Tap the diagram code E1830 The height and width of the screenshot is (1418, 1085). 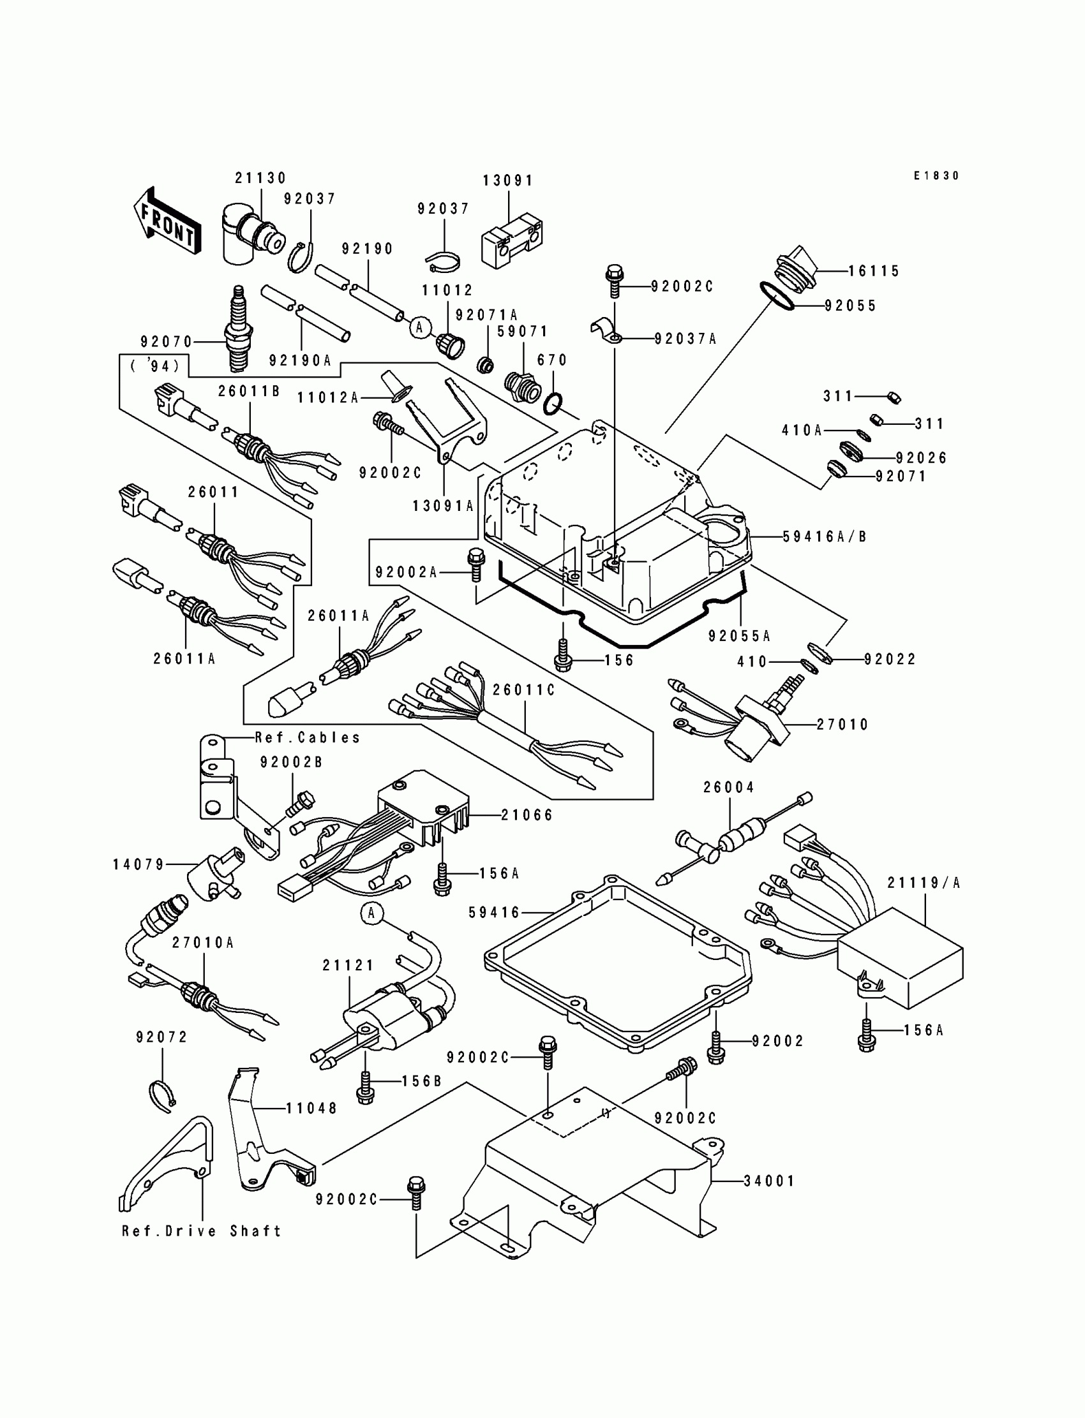[x=936, y=175]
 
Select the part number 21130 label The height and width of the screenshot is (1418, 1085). [x=261, y=178]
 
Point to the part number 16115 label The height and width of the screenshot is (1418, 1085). [x=874, y=271]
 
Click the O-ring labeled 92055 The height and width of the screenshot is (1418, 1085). [x=780, y=296]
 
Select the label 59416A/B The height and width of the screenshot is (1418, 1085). [x=825, y=536]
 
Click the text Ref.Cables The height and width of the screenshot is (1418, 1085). [x=308, y=738]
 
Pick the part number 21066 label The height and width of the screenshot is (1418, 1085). [x=528, y=815]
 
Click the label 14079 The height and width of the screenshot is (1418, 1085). [x=139, y=864]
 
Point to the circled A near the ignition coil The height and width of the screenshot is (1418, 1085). [x=371, y=913]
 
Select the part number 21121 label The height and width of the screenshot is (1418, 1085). [x=348, y=966]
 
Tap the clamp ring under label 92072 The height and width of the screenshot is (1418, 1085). [x=163, y=1096]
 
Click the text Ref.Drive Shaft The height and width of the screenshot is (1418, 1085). [x=202, y=1232]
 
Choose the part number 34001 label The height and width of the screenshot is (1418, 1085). [x=769, y=1181]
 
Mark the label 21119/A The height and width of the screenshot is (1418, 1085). [x=924, y=883]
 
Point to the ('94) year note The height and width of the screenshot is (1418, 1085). [x=155, y=367]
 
